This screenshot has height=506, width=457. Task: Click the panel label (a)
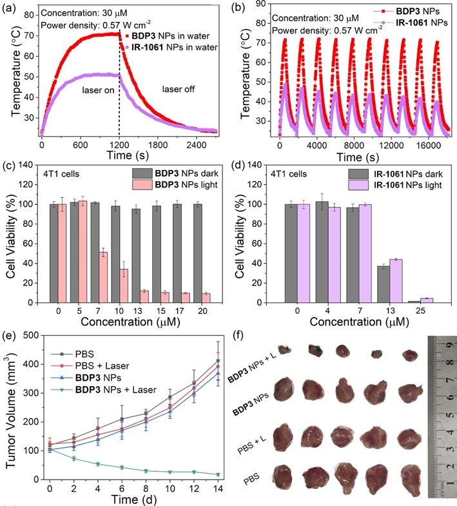click(x=10, y=8)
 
